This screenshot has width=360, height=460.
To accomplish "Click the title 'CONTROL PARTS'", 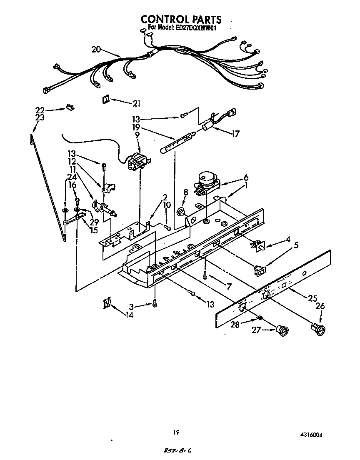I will [180, 19].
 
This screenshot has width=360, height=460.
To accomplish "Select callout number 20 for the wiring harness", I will [96, 50].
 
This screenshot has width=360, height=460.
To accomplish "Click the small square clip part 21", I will [105, 99].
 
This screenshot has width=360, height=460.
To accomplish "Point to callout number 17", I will [236, 134].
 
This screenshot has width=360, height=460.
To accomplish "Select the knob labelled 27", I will [282, 331].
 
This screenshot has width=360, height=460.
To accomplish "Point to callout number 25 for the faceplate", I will [313, 298].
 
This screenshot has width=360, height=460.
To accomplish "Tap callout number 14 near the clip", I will [130, 315].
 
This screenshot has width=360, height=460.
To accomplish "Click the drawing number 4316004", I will [312, 435].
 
